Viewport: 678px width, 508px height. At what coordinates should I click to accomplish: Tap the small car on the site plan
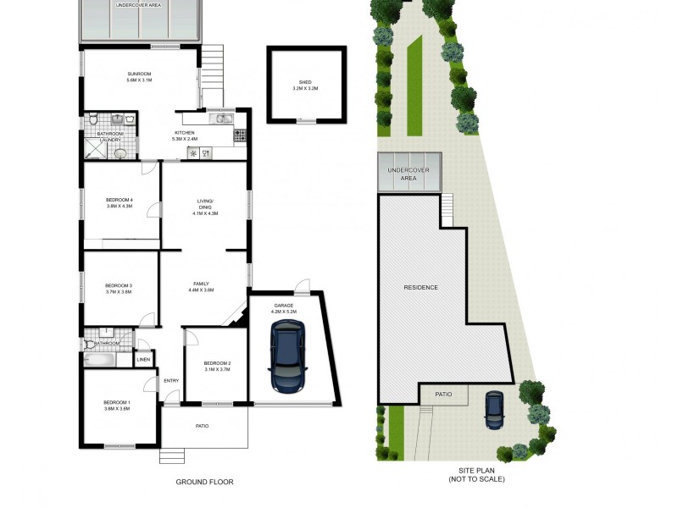tap(494, 411)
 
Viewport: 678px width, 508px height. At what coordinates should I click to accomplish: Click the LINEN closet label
tap(144, 360)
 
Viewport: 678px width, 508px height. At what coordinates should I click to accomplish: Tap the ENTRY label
tap(171, 380)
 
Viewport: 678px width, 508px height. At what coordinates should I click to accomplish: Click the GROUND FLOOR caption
tap(204, 482)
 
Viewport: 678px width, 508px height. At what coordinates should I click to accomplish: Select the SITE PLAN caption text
tap(476, 475)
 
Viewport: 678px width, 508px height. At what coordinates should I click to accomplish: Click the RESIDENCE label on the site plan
tap(420, 287)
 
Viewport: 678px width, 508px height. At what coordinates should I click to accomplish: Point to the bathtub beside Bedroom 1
tap(99, 360)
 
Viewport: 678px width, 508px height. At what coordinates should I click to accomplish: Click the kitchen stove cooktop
tap(240, 135)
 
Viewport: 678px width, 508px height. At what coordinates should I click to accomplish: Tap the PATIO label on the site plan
tap(443, 395)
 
